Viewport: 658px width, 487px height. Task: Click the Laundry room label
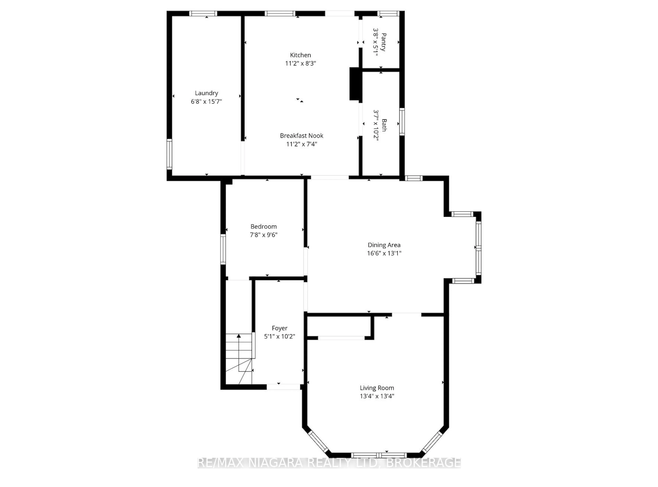[x=206, y=93]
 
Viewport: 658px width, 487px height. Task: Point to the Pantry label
[x=383, y=42]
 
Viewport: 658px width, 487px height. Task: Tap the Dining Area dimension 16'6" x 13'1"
[x=384, y=253]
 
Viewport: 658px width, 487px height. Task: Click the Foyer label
[x=279, y=328]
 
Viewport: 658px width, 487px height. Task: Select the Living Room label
[x=377, y=388]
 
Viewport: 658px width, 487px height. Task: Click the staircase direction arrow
[x=239, y=336]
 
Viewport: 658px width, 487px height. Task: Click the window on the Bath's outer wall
[x=402, y=122]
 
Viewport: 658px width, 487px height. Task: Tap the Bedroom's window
[x=223, y=249]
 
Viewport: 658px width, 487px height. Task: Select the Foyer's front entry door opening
[x=283, y=387]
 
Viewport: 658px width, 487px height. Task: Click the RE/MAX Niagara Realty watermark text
[x=329, y=463]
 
